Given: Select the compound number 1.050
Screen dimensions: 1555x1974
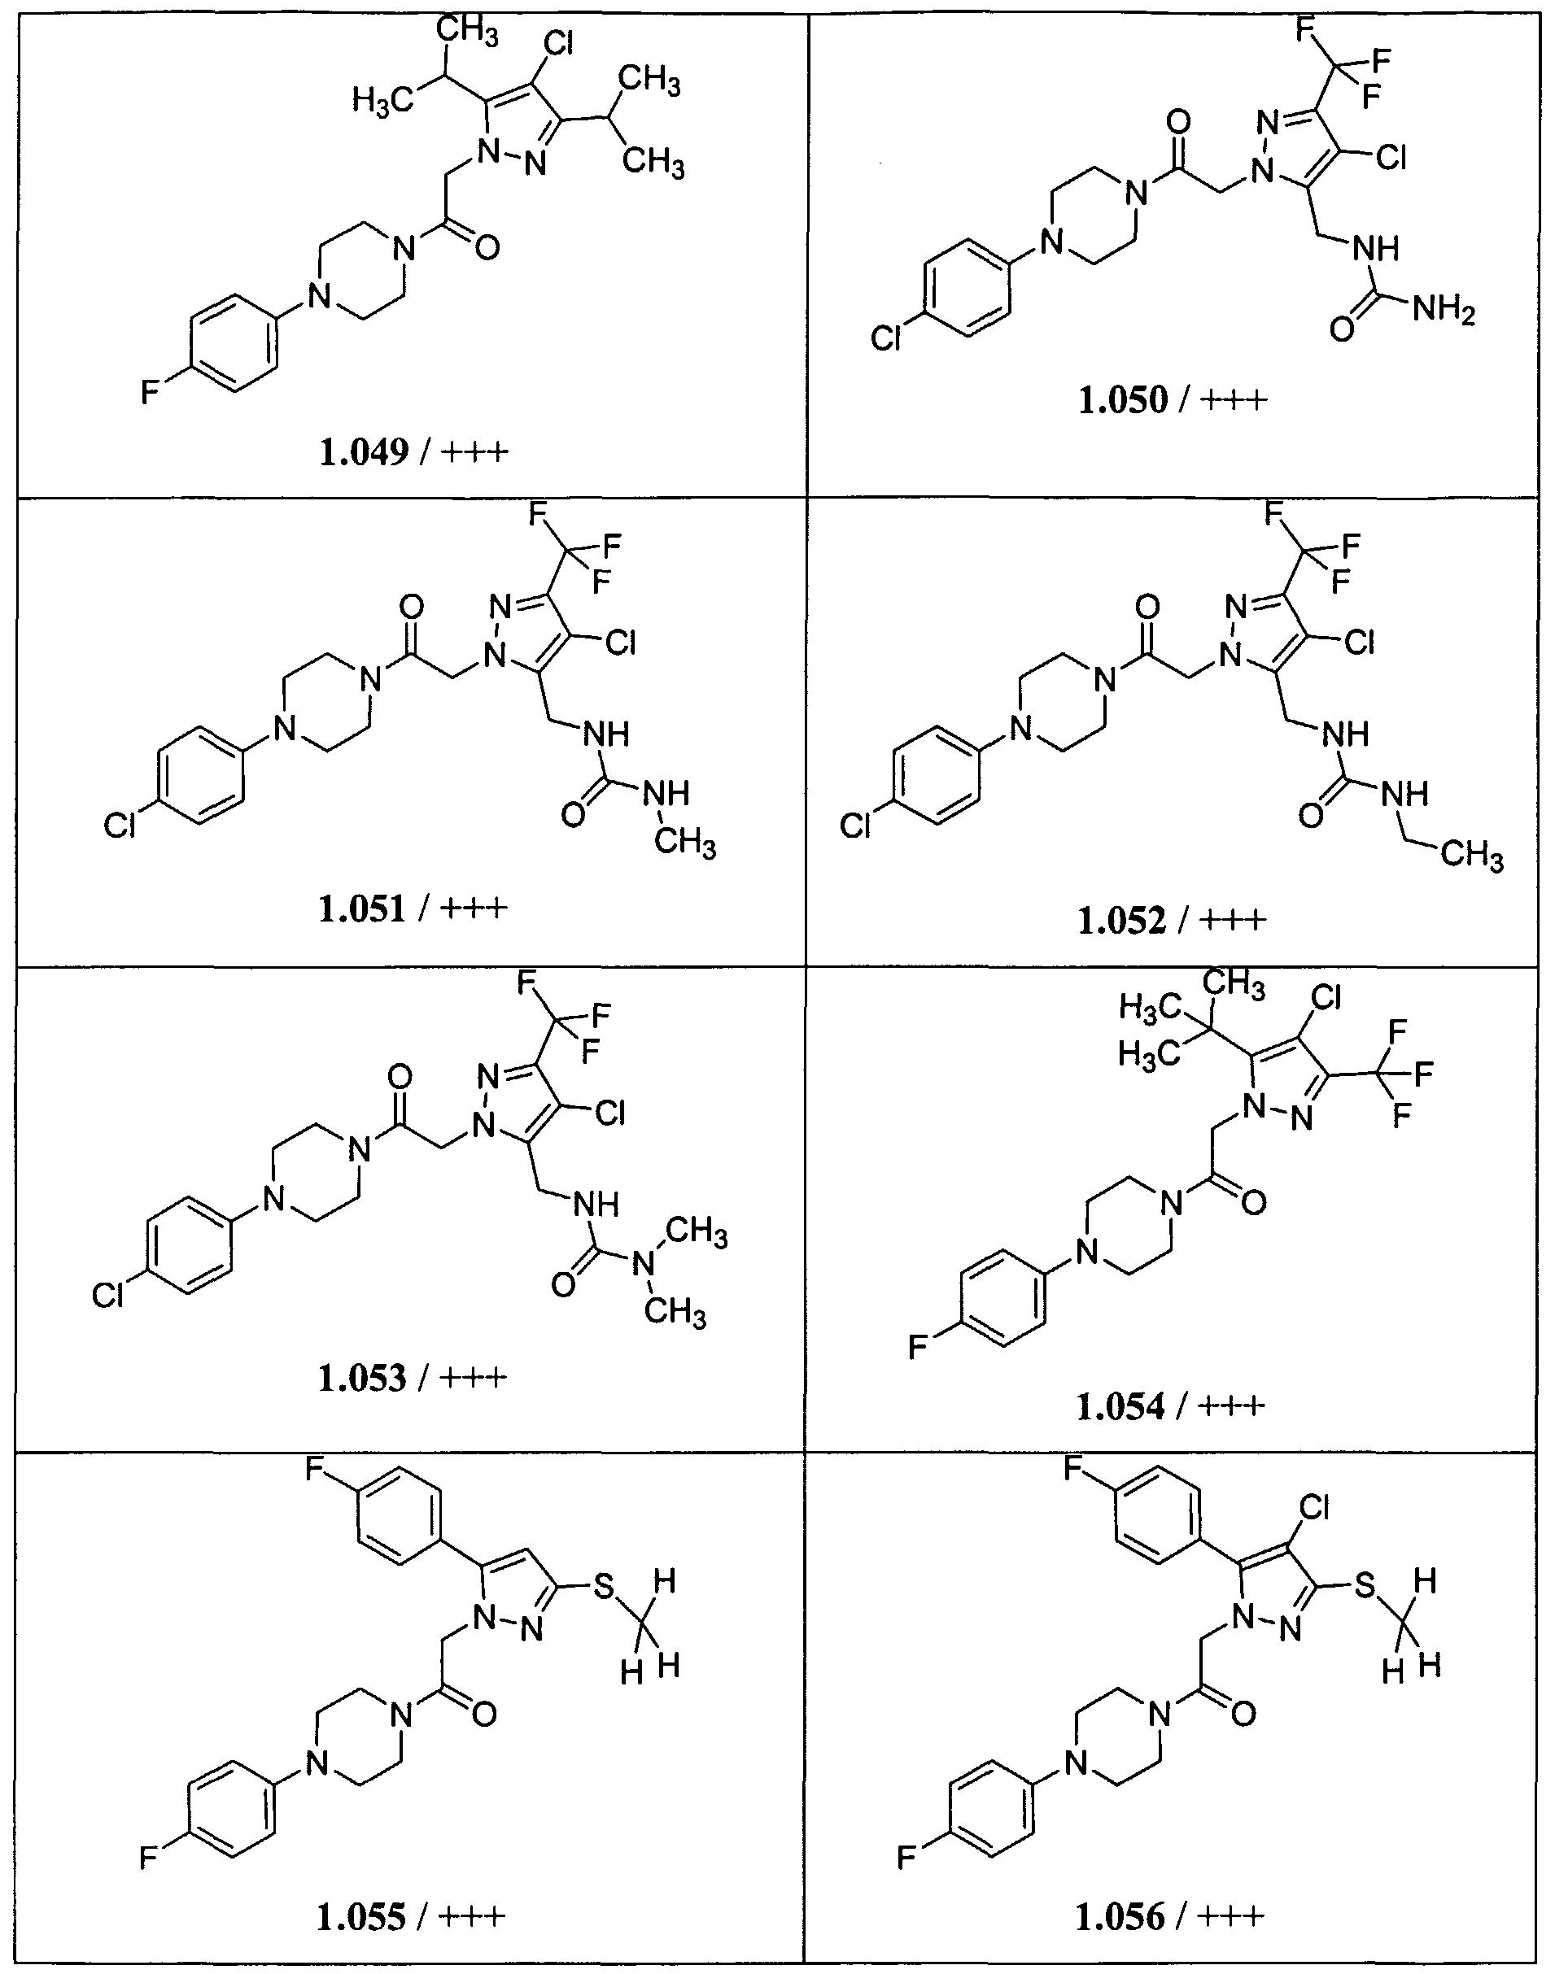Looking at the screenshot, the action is point(1123,399).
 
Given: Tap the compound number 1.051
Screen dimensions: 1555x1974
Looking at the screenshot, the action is point(362,909).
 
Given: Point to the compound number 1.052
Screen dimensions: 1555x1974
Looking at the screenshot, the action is point(1121,921).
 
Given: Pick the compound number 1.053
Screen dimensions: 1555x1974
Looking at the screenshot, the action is point(362,1378).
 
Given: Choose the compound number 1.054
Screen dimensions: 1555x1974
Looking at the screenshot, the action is point(1120,1407).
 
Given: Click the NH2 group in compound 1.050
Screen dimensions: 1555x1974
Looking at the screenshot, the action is point(1444,312).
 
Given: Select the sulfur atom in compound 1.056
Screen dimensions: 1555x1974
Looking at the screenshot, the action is point(1364,1587).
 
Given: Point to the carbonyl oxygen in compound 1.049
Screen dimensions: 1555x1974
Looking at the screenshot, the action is point(487,246).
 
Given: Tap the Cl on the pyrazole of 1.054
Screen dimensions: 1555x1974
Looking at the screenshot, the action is point(1326,998).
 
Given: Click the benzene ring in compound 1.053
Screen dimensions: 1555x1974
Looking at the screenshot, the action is point(190,1245).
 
